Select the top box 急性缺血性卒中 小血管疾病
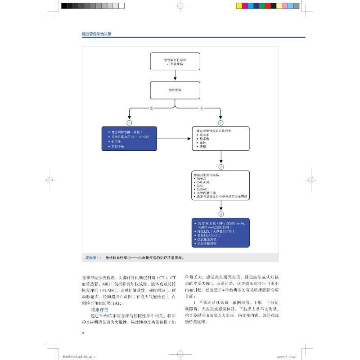[x=175, y=62]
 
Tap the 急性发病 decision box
[x=175, y=90]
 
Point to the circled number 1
[x=130, y=122]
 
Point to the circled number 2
[x=220, y=122]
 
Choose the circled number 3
[x=220, y=166]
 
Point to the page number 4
[x=83, y=333]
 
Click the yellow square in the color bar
[x=239, y=6]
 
